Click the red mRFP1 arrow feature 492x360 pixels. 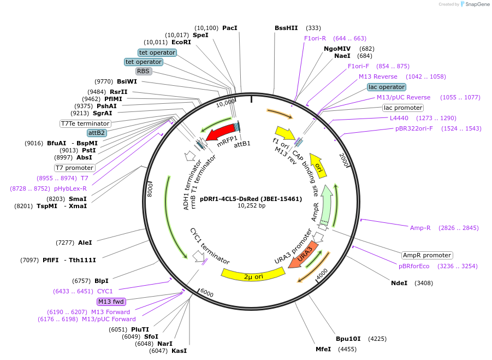click(219, 133)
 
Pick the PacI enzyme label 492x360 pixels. click(230, 28)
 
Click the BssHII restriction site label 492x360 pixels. click(287, 28)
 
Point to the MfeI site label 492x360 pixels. click(323, 349)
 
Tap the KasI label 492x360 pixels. click(179, 351)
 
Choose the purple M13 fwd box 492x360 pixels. click(111, 302)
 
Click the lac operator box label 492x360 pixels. click(387, 87)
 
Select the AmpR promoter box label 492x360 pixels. click(427, 255)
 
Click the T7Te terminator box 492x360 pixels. click(85, 123)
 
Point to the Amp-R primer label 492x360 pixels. click(420, 228)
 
